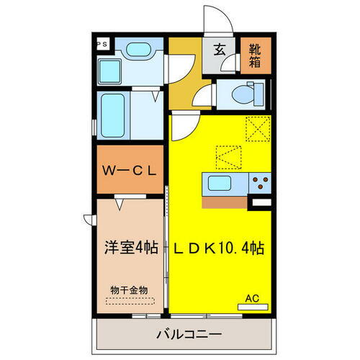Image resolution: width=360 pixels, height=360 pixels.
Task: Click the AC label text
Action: click(252, 297)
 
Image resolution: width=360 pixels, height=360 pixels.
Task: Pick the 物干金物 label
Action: click(129, 289)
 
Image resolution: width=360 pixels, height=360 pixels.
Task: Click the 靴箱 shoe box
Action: click(256, 55)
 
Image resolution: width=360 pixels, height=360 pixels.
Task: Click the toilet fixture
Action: click(242, 94)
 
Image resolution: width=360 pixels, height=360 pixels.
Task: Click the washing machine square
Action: click(112, 72)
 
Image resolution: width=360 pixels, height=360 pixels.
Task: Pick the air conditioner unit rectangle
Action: click(252, 306)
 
